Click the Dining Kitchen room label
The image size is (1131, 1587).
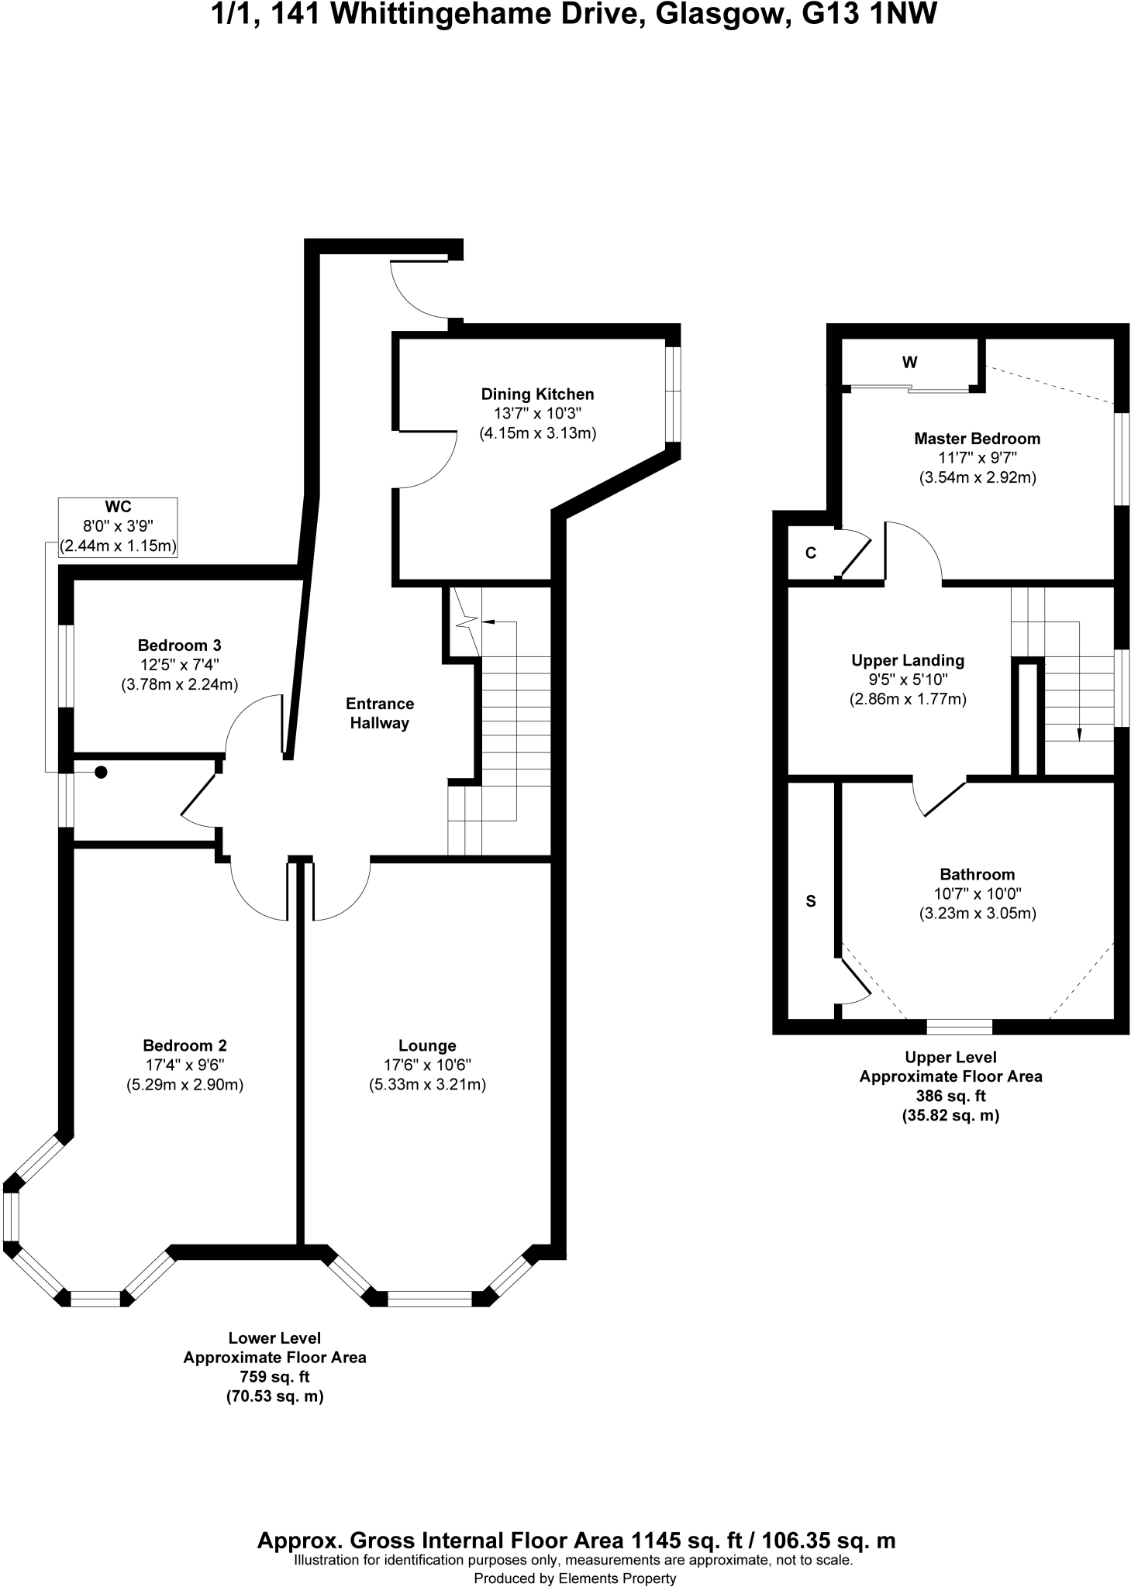click(x=537, y=394)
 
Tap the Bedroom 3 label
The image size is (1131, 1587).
click(x=179, y=645)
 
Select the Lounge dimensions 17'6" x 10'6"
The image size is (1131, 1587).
click(x=426, y=1065)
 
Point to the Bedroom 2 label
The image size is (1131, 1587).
click(x=184, y=1045)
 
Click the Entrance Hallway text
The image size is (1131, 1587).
click(x=379, y=713)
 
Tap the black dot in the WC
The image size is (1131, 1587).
click(x=101, y=772)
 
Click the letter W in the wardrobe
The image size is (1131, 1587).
click(x=910, y=362)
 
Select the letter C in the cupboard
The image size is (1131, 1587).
click(x=811, y=553)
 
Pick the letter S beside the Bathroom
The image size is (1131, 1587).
click(x=811, y=901)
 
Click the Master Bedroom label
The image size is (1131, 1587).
click(x=977, y=439)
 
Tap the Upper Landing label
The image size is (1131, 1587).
click(x=908, y=660)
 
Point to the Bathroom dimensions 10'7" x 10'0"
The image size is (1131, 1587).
click(x=977, y=893)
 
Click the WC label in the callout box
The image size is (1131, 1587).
click(x=118, y=508)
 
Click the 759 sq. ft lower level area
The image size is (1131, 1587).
click(x=274, y=1377)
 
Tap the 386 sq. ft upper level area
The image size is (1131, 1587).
click(x=950, y=1096)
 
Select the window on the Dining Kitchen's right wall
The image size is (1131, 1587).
click(x=673, y=394)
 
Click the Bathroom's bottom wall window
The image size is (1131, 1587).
click(x=959, y=1027)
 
